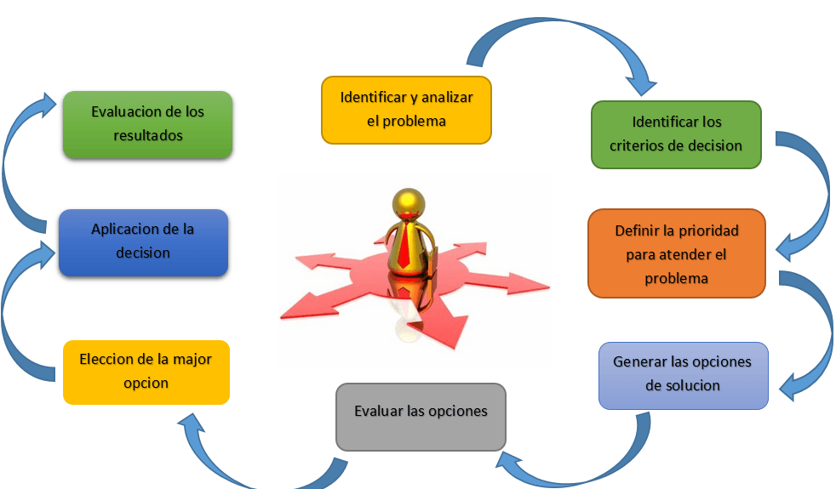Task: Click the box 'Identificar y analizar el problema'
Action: tap(407, 110)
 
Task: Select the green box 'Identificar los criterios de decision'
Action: tap(676, 134)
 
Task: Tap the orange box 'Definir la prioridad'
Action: tap(676, 253)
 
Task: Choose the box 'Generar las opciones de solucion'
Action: tap(683, 374)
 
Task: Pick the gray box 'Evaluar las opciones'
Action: tap(421, 416)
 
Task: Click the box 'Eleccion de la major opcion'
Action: tap(146, 372)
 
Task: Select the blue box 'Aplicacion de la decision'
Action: tap(143, 242)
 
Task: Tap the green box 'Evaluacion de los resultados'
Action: tap(147, 124)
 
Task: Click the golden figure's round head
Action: tap(408, 204)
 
